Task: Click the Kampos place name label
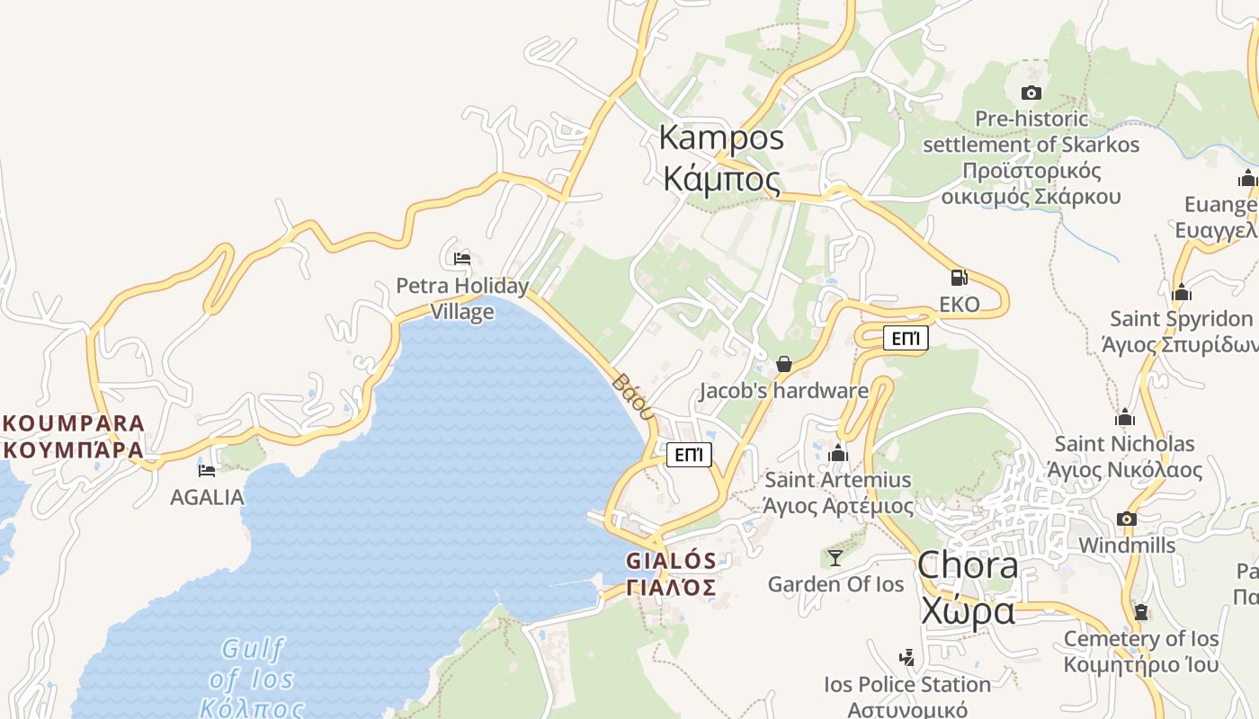[721, 158]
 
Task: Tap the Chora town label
[968, 588]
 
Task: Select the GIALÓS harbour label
[672, 573]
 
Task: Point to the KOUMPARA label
[73, 436]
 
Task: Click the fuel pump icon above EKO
[960, 278]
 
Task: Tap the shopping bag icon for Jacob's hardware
[784, 364]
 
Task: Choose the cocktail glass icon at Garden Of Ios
[835, 558]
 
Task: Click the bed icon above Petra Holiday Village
[462, 259]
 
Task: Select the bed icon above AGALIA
[207, 470]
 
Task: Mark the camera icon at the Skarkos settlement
[1031, 93]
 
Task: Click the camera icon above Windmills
[1126, 519]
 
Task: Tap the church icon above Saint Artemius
[838, 453]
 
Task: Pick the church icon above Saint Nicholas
[1125, 417]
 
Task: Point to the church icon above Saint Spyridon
[1182, 292]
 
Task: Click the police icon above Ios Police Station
[906, 658]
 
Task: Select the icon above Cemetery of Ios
[1141, 613]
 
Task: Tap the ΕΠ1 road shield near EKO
[906, 338]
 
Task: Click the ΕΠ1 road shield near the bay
[689, 455]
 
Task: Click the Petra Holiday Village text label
[462, 298]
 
